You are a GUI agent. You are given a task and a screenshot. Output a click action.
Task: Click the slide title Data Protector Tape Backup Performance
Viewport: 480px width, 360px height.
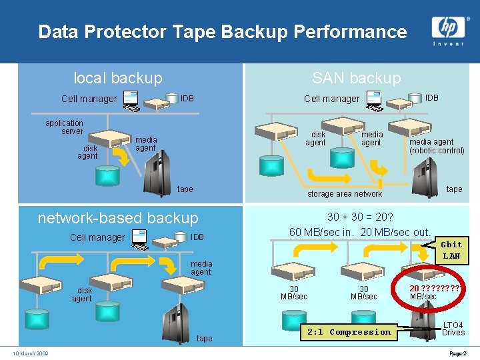tap(222, 31)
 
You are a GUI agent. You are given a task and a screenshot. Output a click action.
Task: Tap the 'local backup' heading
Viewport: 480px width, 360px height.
tap(118, 78)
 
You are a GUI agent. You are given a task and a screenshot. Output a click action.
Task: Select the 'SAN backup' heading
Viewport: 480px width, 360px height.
tap(357, 78)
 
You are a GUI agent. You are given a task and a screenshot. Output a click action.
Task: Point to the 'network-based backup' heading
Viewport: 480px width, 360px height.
tap(118, 218)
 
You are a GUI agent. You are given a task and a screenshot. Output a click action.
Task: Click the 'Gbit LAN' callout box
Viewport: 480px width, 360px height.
tap(451, 251)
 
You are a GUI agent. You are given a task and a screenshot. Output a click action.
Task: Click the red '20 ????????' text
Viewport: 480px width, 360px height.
tap(435, 288)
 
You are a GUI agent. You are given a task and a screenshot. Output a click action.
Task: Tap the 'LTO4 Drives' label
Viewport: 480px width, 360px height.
tap(453, 329)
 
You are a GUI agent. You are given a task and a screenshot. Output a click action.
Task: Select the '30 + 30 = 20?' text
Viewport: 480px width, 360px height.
tap(360, 217)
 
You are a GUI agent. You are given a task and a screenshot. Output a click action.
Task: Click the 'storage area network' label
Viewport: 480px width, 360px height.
tap(345, 194)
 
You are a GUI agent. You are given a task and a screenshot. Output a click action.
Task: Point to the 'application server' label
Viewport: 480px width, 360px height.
tap(64, 127)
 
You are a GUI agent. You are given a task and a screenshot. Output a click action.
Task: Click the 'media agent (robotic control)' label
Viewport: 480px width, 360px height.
tap(437, 146)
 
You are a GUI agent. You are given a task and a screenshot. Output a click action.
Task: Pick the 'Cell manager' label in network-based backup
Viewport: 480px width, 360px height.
tap(97, 237)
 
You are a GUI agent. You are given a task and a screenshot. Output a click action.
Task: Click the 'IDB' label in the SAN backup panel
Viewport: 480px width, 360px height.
tap(432, 98)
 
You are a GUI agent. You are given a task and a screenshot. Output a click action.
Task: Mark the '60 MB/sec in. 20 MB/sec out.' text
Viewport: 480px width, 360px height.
tap(360, 232)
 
